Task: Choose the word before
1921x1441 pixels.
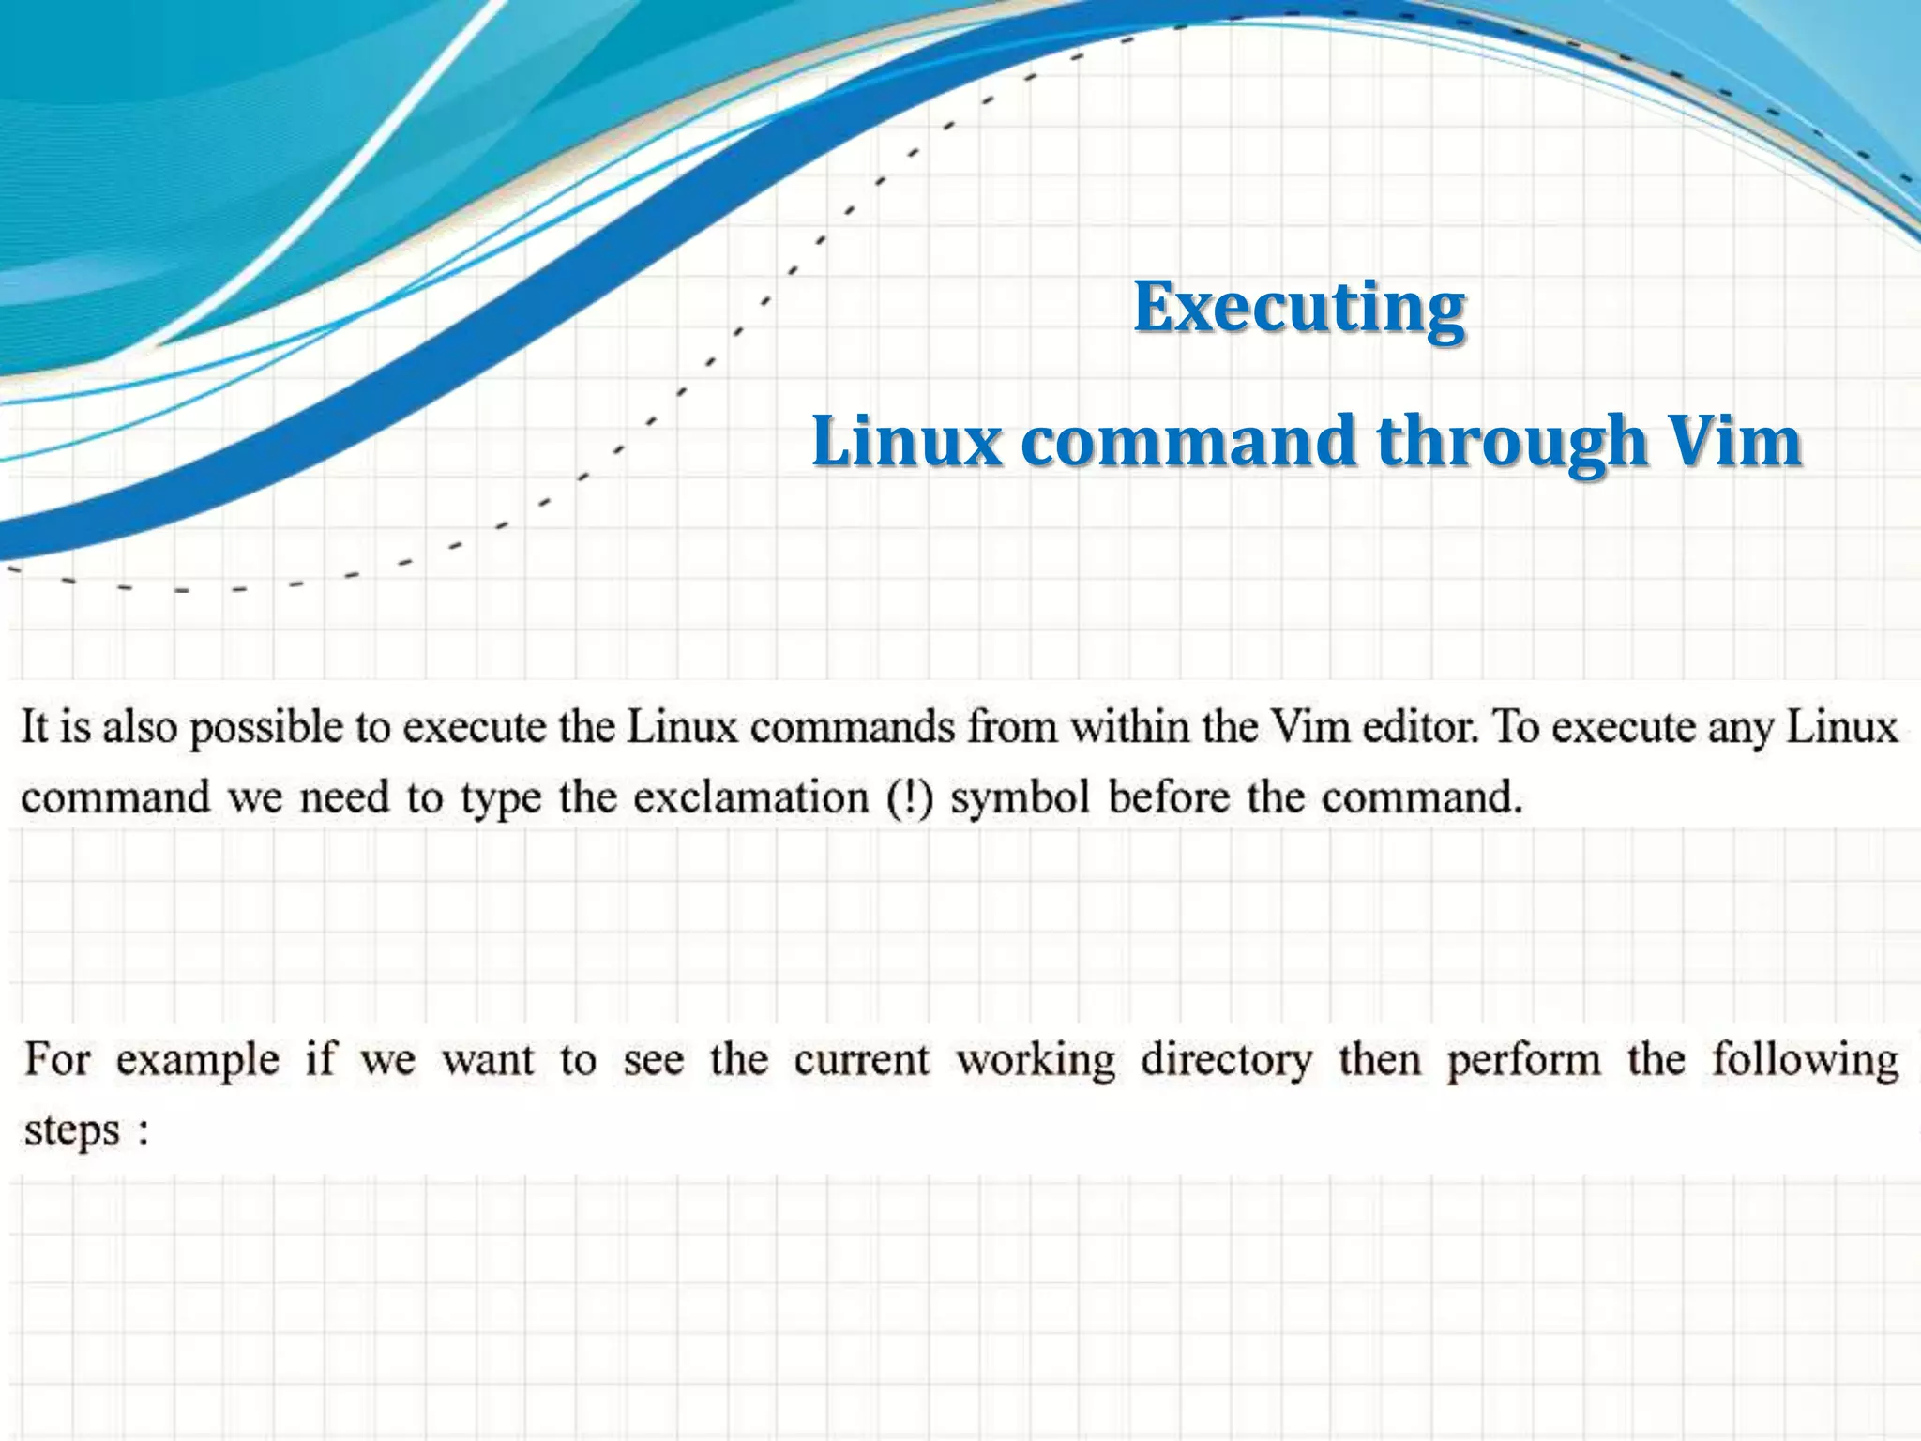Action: (x=1169, y=797)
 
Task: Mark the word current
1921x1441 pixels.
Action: (x=861, y=1060)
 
